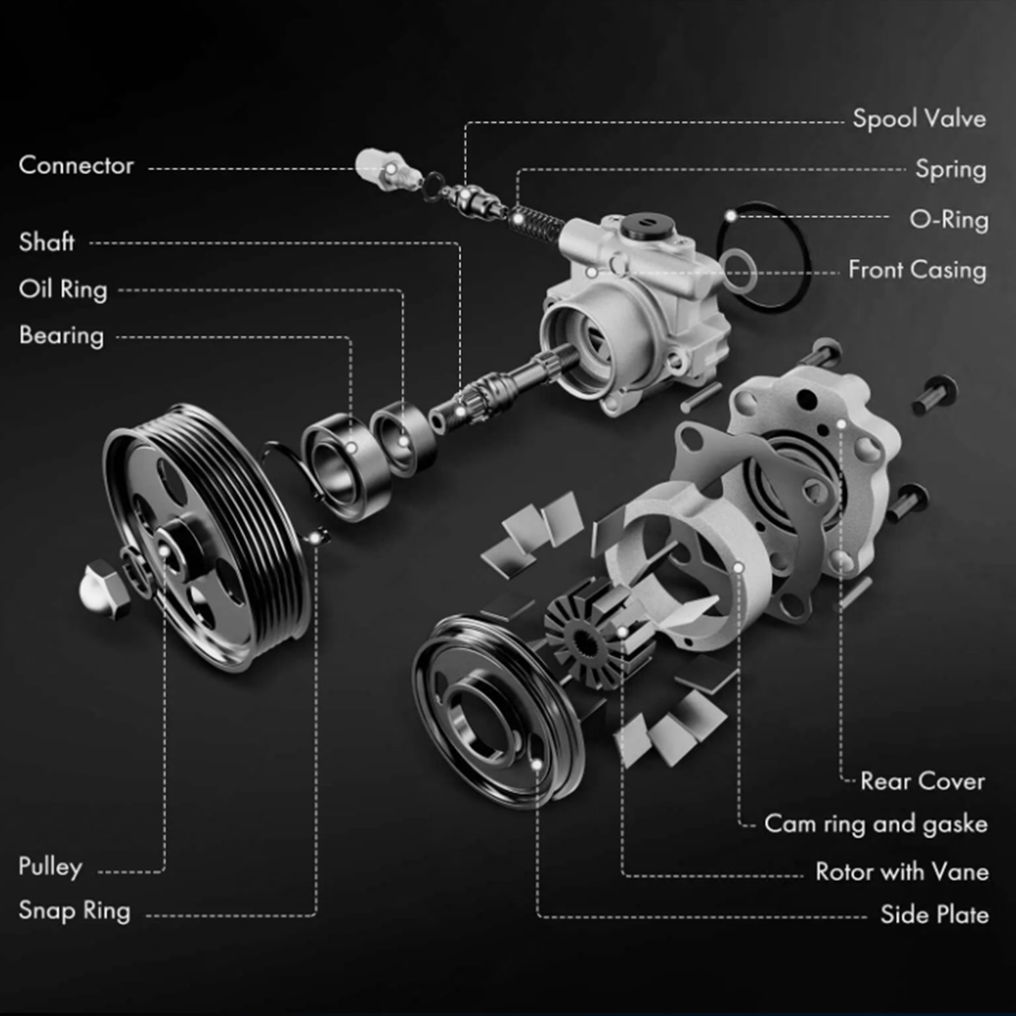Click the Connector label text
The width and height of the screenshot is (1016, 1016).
(x=76, y=165)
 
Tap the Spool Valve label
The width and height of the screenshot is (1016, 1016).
(x=919, y=119)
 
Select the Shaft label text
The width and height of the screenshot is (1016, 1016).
(x=46, y=242)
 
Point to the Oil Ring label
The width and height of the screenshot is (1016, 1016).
(x=63, y=290)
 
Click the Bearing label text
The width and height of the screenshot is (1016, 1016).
(x=61, y=336)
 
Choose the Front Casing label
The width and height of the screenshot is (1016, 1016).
(x=918, y=270)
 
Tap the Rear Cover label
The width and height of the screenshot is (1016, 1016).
(x=923, y=781)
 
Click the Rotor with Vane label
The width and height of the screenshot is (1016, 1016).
(x=902, y=871)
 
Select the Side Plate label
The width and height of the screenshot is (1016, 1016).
(x=934, y=914)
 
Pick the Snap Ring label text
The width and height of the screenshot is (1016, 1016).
(x=74, y=911)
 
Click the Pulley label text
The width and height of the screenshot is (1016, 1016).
(x=50, y=867)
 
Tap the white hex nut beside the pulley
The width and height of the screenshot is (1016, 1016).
(x=104, y=589)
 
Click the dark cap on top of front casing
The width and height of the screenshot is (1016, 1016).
(x=648, y=225)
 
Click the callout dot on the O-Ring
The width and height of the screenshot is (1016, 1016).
(x=731, y=217)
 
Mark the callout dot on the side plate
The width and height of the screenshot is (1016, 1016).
(x=537, y=765)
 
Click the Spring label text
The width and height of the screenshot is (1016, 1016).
(x=951, y=170)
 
